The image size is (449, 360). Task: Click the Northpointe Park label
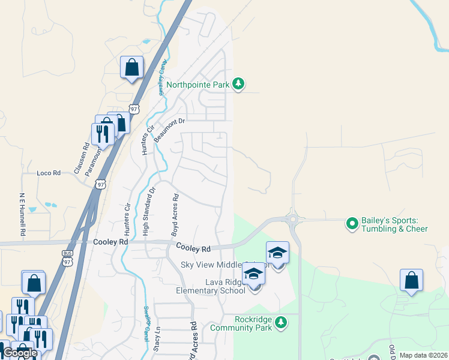pos(197,85)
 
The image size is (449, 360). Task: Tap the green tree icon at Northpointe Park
pos(238,84)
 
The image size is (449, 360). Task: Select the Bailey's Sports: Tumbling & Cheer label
pos(394,224)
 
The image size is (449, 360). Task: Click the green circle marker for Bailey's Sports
pos(352,224)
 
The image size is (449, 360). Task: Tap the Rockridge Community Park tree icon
pos(280,324)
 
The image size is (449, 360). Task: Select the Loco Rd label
pos(49,173)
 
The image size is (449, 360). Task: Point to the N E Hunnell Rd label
pos(22,214)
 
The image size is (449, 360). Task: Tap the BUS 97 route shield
pos(67,257)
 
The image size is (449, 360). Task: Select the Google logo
pos(20,352)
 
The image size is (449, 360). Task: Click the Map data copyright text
pos(423,355)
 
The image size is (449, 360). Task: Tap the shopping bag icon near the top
pos(131,68)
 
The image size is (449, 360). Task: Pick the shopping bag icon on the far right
pos(411,280)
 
